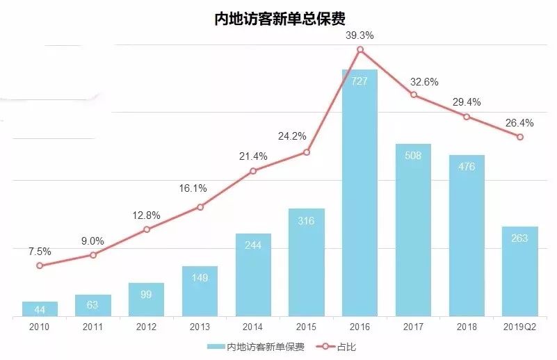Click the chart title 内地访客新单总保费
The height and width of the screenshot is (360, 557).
(278, 17)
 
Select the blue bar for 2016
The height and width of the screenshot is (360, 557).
(360, 195)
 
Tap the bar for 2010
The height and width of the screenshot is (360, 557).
(40, 309)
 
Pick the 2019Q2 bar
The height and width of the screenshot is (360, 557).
(519, 271)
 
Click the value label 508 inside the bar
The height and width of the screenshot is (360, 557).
(413, 156)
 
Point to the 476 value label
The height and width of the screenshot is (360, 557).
(467, 167)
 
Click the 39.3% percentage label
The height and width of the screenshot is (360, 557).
(360, 34)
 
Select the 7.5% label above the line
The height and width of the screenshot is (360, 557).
(40, 252)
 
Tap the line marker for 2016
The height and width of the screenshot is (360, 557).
(360, 49)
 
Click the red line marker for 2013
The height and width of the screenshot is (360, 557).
(200, 207)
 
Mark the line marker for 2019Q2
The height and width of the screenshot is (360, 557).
(519, 136)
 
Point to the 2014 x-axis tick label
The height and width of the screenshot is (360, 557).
(253, 326)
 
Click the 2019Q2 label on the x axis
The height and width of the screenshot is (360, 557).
(519, 326)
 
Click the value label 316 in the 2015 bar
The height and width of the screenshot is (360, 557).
(306, 221)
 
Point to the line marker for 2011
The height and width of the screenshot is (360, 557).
(93, 255)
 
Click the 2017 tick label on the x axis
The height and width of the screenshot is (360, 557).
(413, 326)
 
